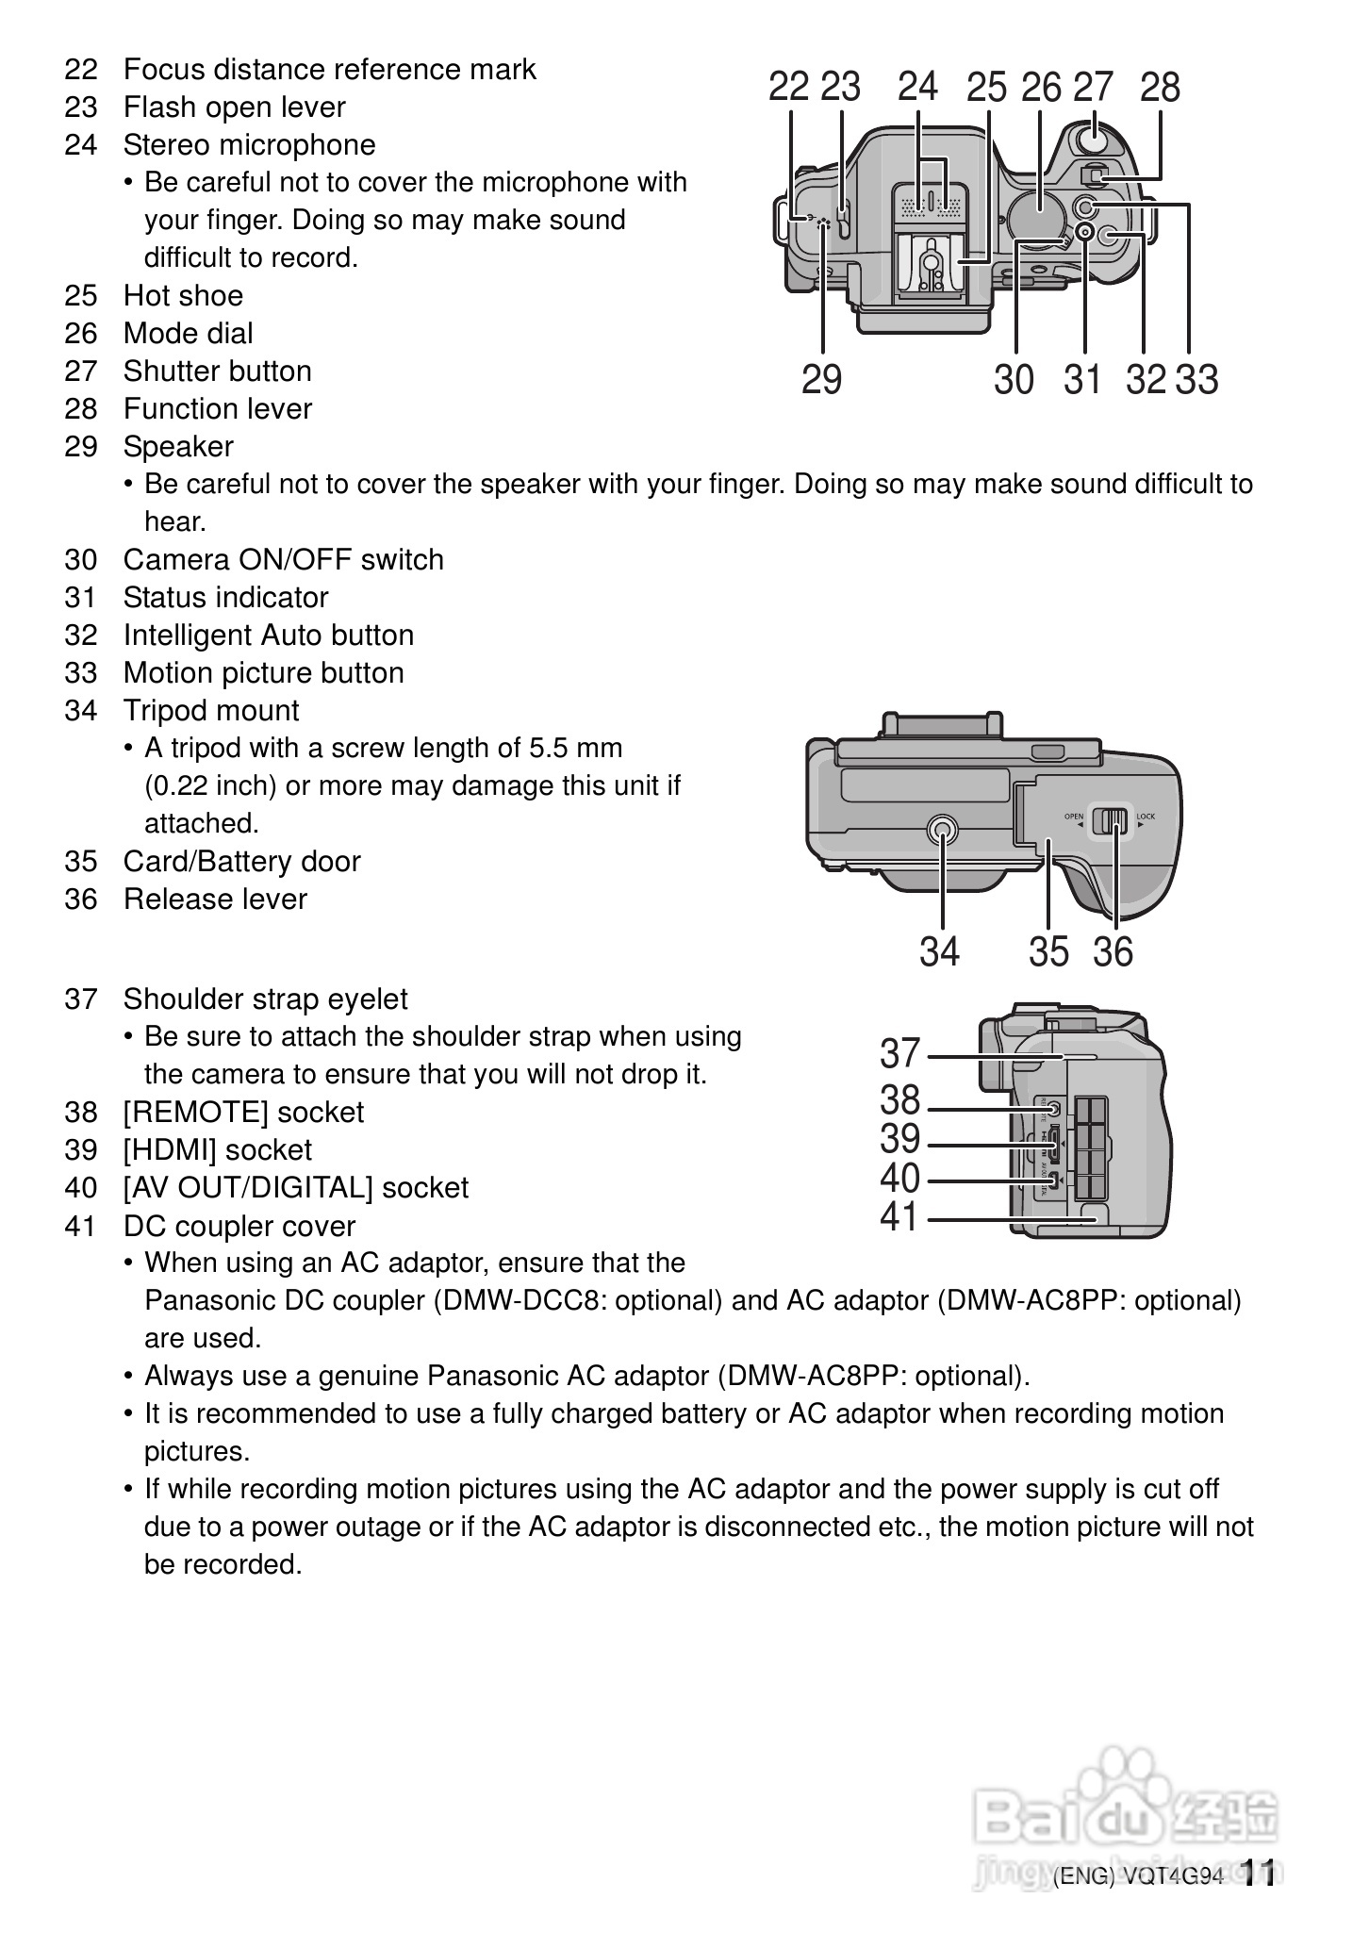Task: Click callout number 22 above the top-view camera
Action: (788, 87)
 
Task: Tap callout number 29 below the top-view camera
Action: (821, 379)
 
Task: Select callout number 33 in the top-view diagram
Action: (1197, 379)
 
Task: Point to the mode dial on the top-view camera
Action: (1037, 215)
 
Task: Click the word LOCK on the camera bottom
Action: (1146, 816)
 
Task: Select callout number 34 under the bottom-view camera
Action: (939, 951)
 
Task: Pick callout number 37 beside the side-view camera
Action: (899, 1053)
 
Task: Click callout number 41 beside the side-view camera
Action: (899, 1217)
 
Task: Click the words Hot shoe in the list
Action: (183, 295)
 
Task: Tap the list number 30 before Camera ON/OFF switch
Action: (81, 559)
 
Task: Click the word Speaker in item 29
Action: (178, 446)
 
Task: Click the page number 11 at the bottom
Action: (1259, 1874)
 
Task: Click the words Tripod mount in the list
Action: (211, 710)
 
